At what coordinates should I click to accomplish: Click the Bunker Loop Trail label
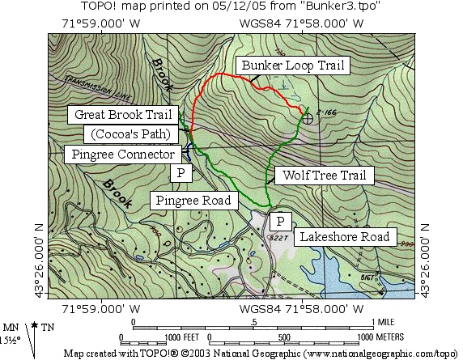point(291,66)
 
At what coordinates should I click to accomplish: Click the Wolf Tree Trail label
point(324,175)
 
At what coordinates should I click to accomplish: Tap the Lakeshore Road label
point(346,237)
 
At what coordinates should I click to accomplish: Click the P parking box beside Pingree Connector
point(181,173)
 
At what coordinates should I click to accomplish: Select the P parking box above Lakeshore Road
point(280,221)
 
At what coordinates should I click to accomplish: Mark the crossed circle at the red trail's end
point(308,119)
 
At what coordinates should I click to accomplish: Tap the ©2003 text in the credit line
point(199,354)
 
